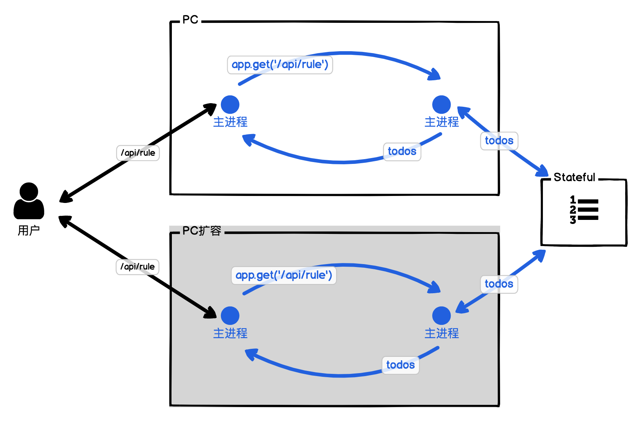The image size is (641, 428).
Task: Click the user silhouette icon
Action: tap(29, 201)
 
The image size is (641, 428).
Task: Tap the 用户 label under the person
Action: tap(29, 231)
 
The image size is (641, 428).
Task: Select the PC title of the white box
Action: tap(190, 20)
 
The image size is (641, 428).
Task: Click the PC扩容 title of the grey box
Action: tap(202, 231)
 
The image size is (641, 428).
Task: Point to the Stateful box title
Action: tap(574, 177)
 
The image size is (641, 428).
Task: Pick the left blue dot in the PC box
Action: tap(230, 105)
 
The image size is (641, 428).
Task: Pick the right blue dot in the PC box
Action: tap(441, 105)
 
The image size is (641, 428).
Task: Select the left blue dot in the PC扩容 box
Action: tap(230, 316)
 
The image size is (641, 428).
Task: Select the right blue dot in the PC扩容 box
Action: tap(441, 316)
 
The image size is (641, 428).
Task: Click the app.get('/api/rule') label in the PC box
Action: tap(280, 65)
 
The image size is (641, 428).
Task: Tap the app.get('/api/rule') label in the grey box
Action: tap(284, 276)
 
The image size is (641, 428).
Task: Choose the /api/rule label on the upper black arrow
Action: tap(138, 153)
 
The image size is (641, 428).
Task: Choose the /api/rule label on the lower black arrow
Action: tap(138, 267)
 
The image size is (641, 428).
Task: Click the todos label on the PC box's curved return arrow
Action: tap(402, 151)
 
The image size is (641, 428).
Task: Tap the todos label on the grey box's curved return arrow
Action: tap(401, 365)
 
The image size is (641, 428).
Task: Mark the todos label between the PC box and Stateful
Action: tap(499, 141)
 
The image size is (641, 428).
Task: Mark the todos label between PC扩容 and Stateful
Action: tap(499, 284)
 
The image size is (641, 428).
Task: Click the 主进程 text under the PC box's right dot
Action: tap(441, 122)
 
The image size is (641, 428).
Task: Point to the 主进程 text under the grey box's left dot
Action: tap(230, 333)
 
